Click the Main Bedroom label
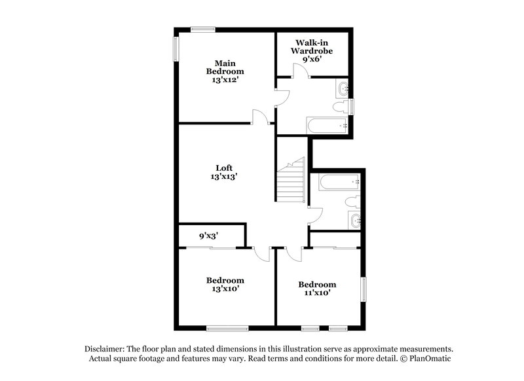pos(225,71)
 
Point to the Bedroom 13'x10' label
pos(225,285)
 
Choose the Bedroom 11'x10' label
pos(317,289)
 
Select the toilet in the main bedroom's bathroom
pos(343,106)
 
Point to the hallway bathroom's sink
pos(354,220)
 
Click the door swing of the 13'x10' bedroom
pos(261,254)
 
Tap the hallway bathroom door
pos(314,216)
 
